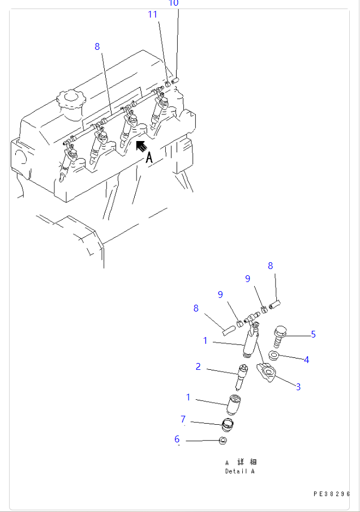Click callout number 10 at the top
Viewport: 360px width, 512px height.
174,3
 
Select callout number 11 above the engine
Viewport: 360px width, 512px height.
152,15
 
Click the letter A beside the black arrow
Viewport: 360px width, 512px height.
149,158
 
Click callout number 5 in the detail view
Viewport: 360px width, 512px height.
313,334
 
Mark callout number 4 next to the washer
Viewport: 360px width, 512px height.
306,359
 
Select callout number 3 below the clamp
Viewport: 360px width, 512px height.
298,387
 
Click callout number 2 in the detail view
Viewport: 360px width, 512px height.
198,366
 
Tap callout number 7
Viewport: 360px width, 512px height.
183,419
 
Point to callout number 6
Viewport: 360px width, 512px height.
177,439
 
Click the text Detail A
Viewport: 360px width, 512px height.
240,471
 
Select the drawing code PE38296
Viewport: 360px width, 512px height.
332,493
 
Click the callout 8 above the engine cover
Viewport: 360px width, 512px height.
97,46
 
